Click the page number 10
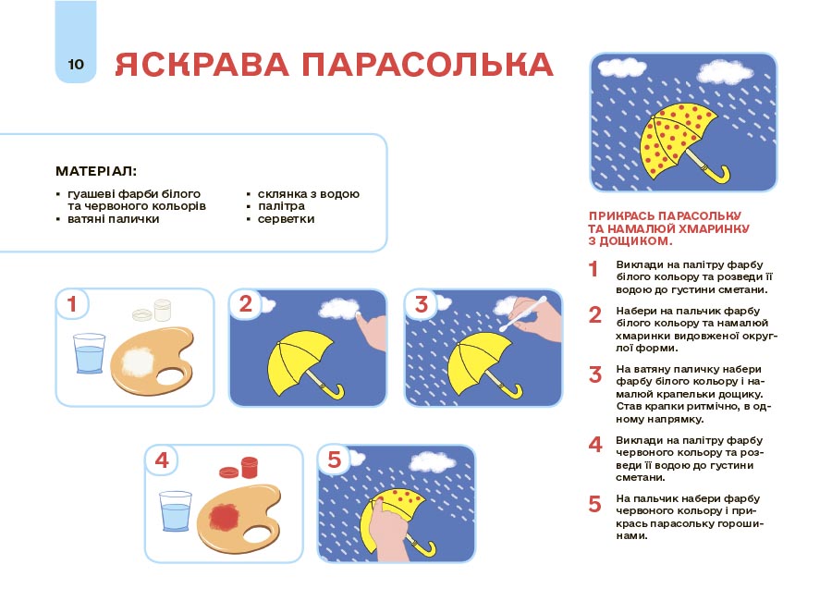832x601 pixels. coord(75,64)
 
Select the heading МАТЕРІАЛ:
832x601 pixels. coord(96,171)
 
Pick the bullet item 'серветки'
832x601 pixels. coord(286,219)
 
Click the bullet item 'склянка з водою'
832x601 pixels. coord(308,194)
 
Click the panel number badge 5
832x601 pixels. coord(334,459)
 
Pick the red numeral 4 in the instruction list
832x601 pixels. coord(595,444)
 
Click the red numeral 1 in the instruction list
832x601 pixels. coord(595,270)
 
